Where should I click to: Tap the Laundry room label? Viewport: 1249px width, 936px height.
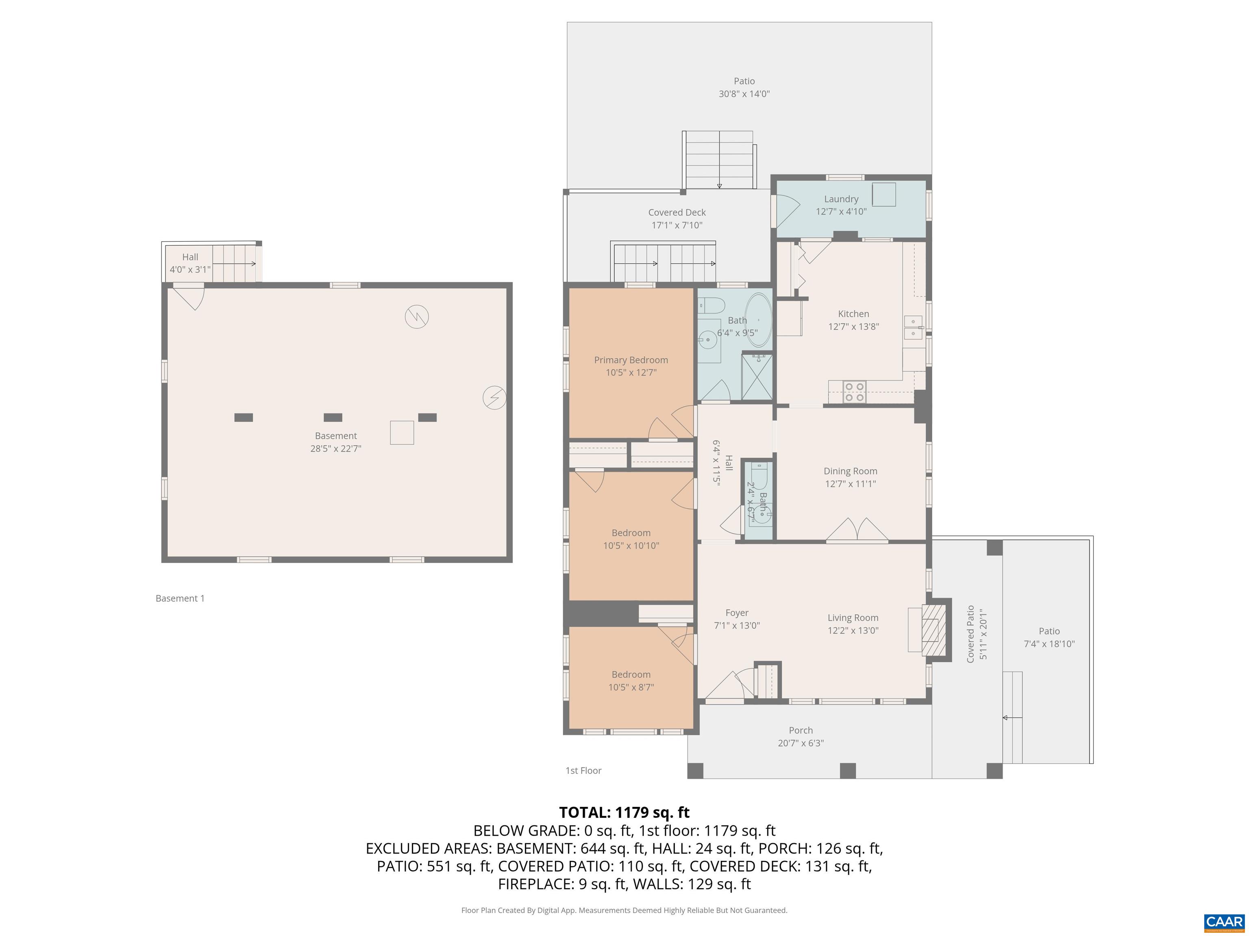[x=841, y=199]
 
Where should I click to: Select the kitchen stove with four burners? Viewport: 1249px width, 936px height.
[x=854, y=392]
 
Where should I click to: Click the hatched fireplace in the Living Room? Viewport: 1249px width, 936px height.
[x=933, y=630]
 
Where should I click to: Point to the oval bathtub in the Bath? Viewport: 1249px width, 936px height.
[x=758, y=320]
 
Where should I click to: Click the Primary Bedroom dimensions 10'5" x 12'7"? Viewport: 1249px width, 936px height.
[x=631, y=373]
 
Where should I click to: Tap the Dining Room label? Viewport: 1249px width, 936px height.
[x=850, y=471]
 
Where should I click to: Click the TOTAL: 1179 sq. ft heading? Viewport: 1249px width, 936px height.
[x=624, y=812]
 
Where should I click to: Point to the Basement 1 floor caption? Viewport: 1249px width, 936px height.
[x=180, y=598]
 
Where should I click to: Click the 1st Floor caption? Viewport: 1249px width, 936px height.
[x=583, y=770]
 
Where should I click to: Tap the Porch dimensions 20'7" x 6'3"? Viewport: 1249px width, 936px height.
[x=800, y=743]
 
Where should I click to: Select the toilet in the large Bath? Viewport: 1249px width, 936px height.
[x=712, y=305]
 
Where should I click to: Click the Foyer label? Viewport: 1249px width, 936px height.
[x=736, y=613]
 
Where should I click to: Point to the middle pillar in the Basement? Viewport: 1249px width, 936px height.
[x=333, y=418]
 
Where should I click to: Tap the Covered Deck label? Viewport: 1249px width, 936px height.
[x=677, y=212]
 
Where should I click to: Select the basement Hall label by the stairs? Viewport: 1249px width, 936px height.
[x=190, y=257]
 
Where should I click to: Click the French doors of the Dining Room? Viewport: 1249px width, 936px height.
[x=857, y=530]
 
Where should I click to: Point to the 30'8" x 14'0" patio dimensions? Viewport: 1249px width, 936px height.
[x=744, y=94]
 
